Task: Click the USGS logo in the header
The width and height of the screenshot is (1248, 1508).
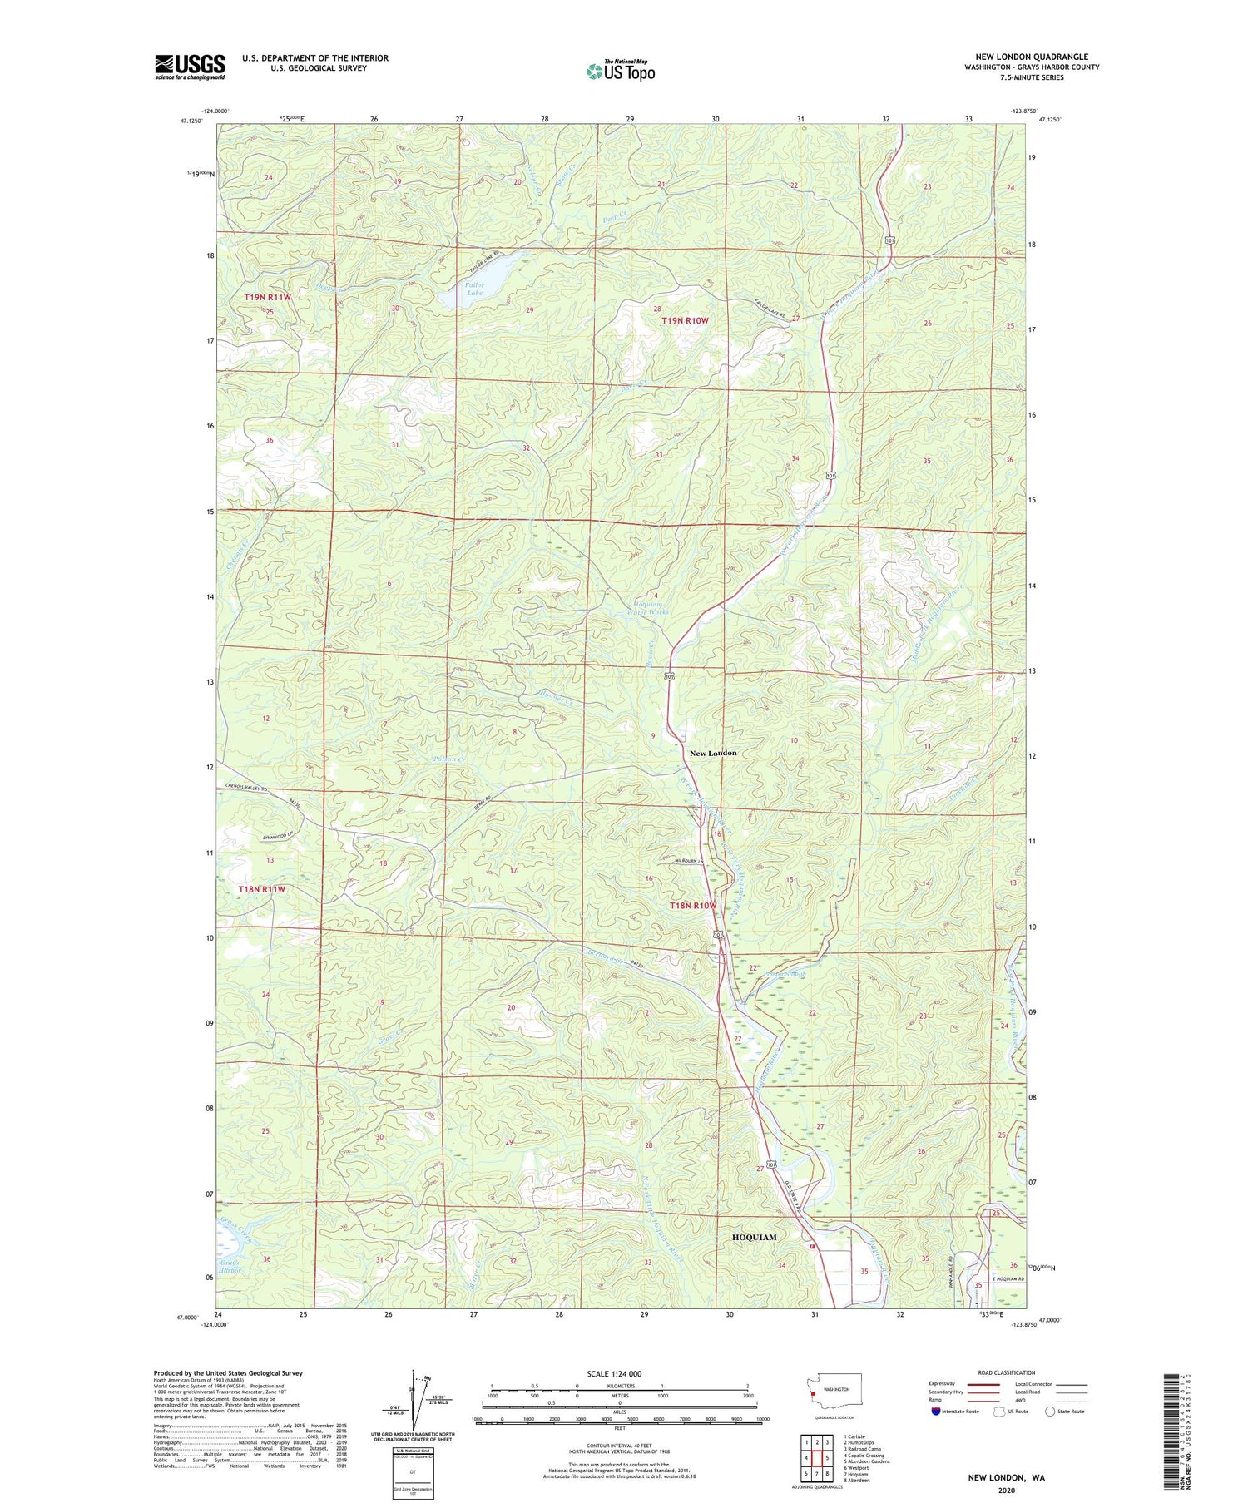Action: click(x=190, y=67)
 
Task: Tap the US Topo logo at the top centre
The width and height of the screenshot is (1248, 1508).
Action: click(x=620, y=71)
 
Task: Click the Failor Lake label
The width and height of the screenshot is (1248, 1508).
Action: click(x=474, y=289)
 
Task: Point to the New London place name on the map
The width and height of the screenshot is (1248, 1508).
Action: click(x=713, y=753)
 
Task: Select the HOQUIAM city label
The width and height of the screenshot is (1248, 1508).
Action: click(x=754, y=1237)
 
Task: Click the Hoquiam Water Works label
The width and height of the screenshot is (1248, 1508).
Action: click(x=651, y=607)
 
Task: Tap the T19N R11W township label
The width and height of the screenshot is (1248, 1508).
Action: click(x=267, y=297)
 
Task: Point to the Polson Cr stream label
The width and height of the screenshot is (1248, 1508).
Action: click(x=450, y=759)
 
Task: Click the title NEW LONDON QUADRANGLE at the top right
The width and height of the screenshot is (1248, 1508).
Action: click(x=1032, y=57)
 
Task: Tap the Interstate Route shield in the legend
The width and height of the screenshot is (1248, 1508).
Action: click(x=935, y=1412)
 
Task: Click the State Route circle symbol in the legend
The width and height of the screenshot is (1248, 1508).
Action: click(x=1050, y=1412)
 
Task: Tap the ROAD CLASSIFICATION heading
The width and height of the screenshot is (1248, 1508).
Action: click(x=1007, y=1372)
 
